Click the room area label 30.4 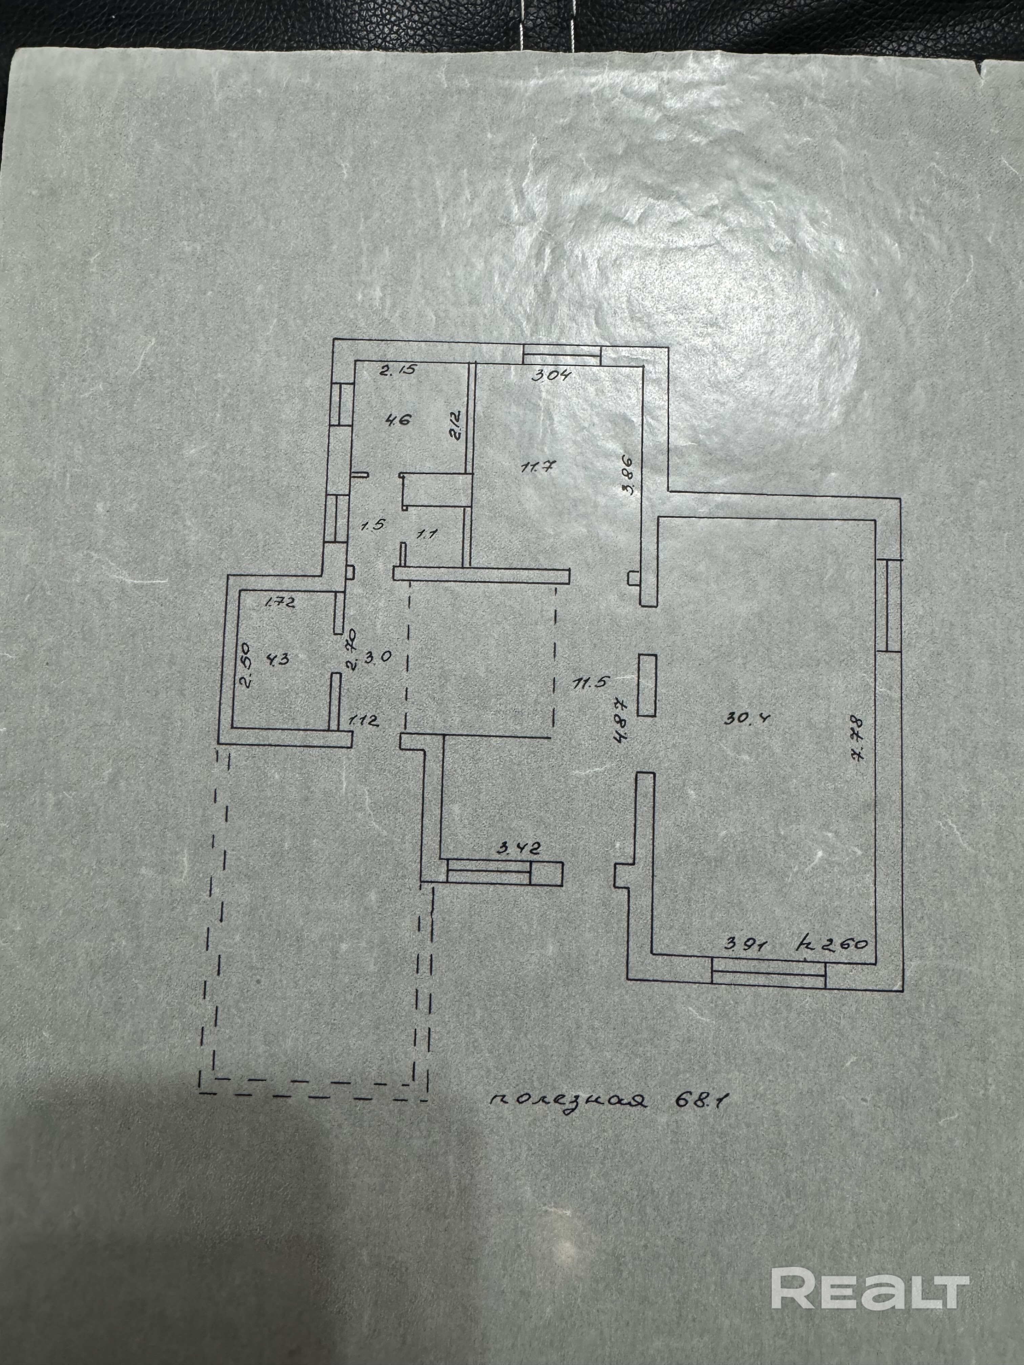pos(741,717)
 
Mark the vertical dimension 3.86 pos(628,475)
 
